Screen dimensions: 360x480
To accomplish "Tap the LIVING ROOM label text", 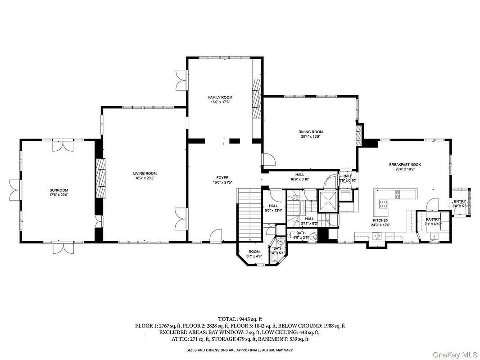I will (x=145, y=173).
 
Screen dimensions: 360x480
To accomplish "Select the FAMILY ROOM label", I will (x=220, y=97).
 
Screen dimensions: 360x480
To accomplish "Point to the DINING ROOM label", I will (x=310, y=132).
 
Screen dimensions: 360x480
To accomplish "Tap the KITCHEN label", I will (x=380, y=220).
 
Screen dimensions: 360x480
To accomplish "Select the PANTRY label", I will (x=433, y=219).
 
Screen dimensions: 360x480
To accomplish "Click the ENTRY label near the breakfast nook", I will (x=460, y=202).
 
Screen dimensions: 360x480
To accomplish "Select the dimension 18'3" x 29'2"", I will (x=145, y=178).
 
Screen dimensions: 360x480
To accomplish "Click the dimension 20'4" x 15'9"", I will (x=310, y=137).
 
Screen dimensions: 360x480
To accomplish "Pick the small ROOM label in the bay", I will (x=254, y=252).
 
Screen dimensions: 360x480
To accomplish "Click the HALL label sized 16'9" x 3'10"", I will (x=299, y=175).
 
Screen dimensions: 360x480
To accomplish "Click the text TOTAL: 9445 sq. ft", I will (x=240, y=318).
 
